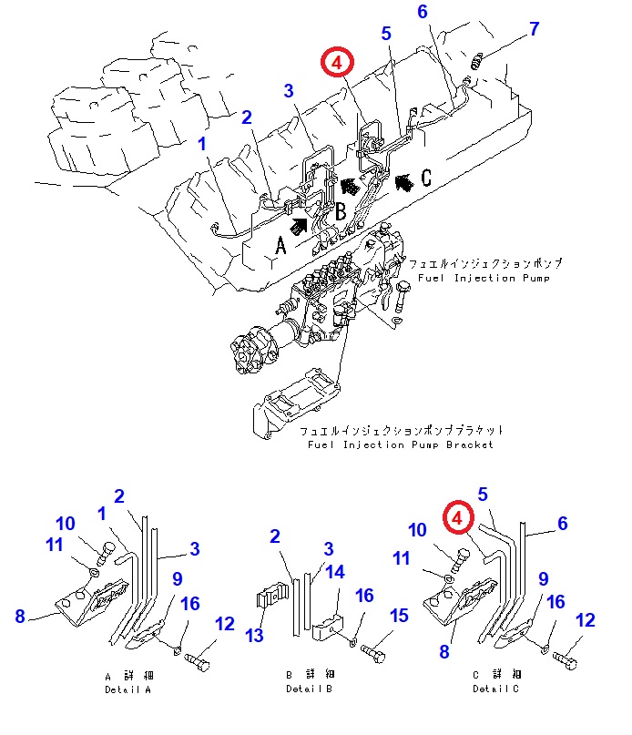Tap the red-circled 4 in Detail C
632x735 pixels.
click(458, 518)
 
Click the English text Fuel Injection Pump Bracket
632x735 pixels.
click(400, 444)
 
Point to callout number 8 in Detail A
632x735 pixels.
click(19, 616)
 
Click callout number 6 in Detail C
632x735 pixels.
click(562, 524)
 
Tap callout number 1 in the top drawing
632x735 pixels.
click(202, 144)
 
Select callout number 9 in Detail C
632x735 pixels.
click(543, 578)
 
